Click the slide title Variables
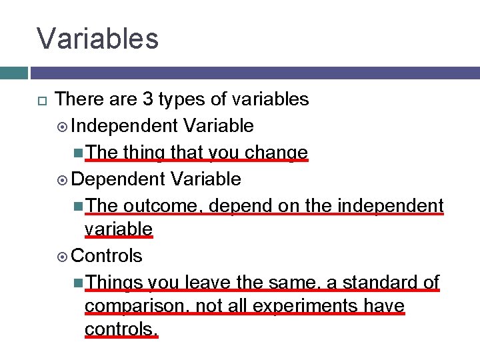[x=98, y=38]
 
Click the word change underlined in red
[x=276, y=153]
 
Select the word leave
[x=205, y=283]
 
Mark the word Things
[x=114, y=283]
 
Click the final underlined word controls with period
[x=121, y=329]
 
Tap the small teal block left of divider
[x=13, y=73]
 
